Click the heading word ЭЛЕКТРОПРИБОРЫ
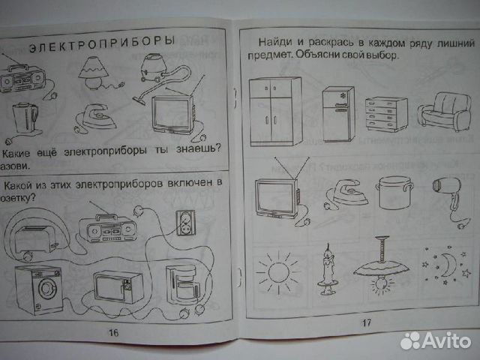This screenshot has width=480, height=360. point(102,43)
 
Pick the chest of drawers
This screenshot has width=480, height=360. point(385,116)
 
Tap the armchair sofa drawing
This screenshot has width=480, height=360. point(440,112)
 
